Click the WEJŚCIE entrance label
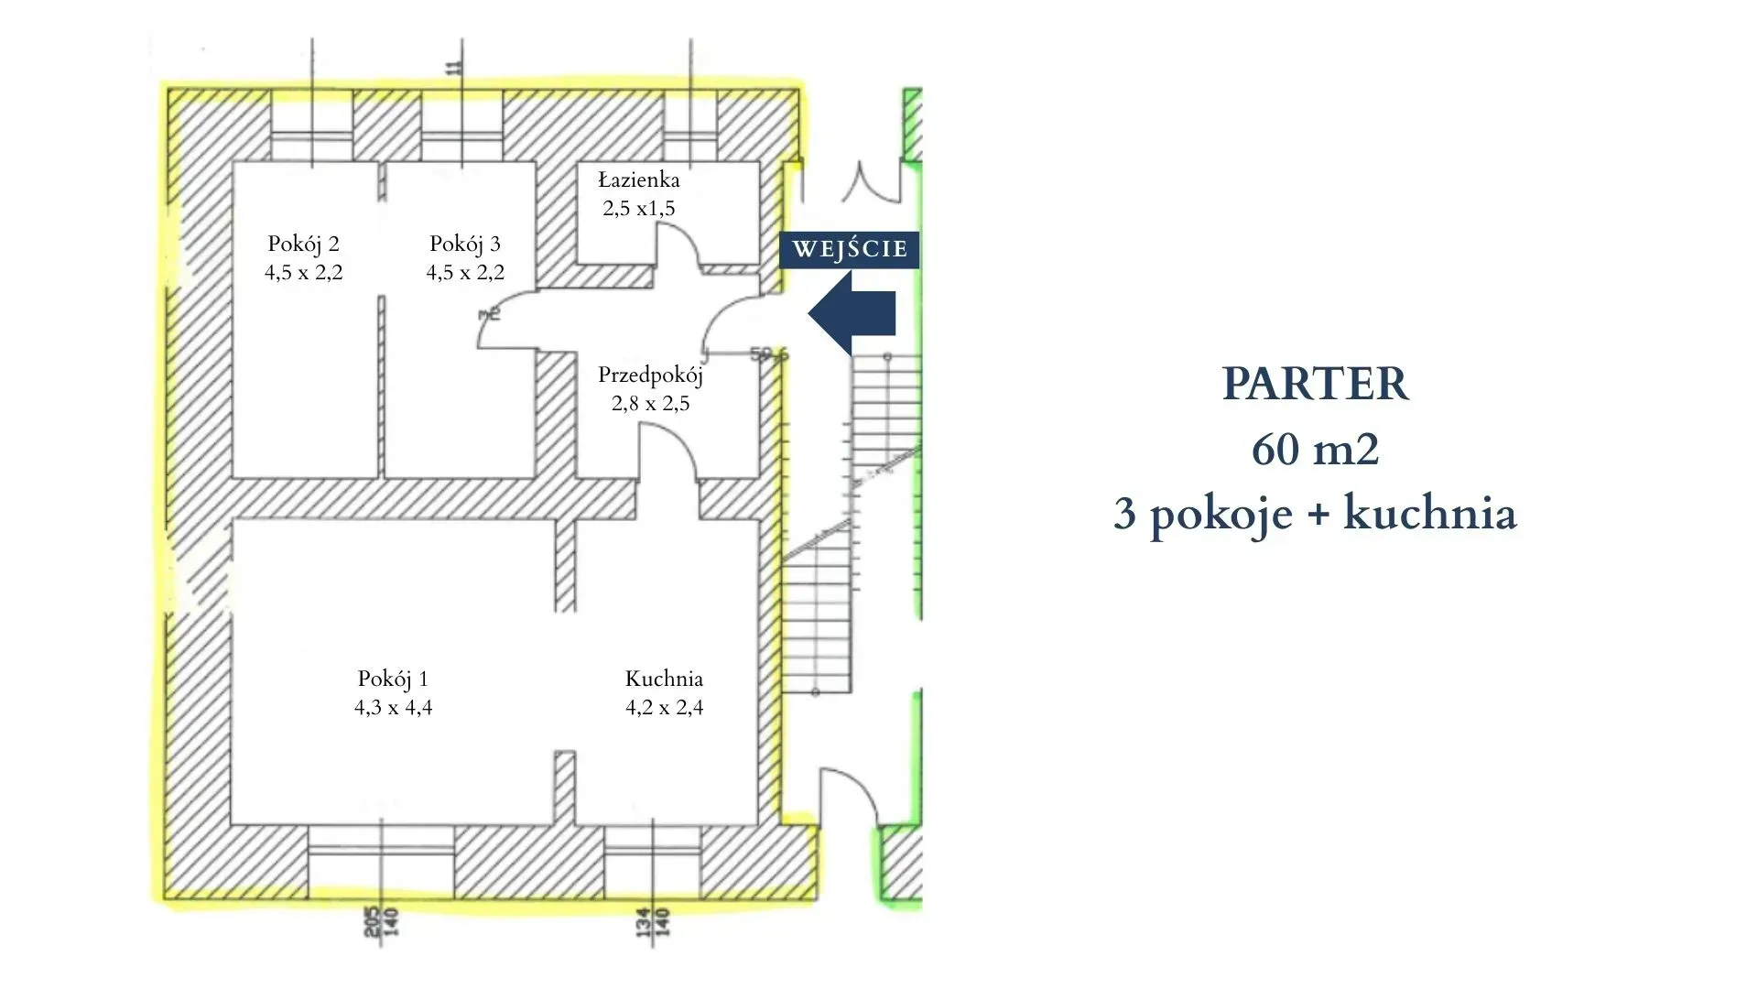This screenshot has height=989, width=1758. (849, 249)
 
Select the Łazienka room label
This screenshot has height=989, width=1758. (639, 179)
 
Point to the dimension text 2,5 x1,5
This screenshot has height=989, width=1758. (639, 209)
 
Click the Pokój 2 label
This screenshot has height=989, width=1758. (303, 244)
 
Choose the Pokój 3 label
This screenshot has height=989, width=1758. (465, 244)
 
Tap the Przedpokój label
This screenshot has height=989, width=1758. (650, 375)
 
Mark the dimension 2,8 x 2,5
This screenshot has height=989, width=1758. (650, 403)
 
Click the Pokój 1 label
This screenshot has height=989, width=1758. (393, 679)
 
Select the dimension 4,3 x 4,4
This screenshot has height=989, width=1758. (393, 707)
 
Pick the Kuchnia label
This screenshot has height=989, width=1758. (664, 679)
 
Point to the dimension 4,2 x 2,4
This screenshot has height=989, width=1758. (664, 707)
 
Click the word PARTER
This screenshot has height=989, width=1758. (1315, 384)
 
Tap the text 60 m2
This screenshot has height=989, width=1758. (1315, 449)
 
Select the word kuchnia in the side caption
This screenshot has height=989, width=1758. (1429, 514)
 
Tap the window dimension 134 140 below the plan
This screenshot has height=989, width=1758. (652, 922)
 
